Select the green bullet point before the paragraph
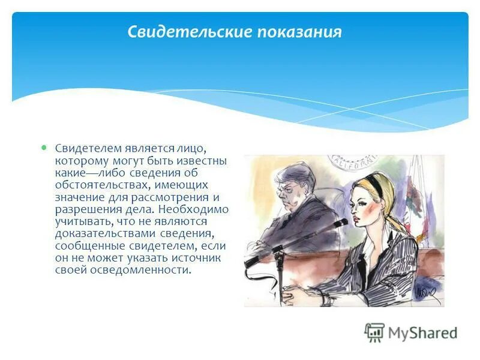pyautogui.click(x=43, y=146)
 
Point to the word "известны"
pyautogui.click(x=197, y=161)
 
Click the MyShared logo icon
pyautogui.click(x=374, y=332)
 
